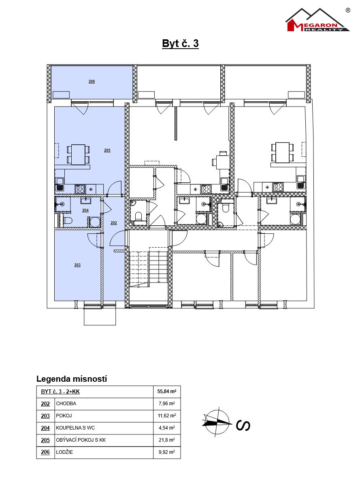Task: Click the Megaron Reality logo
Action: click(318, 20)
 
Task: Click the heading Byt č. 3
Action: click(180, 43)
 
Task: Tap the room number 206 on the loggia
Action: click(92, 81)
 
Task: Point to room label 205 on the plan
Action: click(107, 150)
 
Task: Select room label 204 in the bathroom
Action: click(85, 210)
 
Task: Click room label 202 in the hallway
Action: click(114, 223)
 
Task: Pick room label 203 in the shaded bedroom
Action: click(77, 265)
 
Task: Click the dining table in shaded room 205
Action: click(78, 154)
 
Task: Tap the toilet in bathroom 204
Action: click(68, 220)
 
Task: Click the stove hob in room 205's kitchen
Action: click(80, 189)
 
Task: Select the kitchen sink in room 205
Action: click(60, 184)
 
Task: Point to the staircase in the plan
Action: click(148, 269)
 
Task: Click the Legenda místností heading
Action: click(72, 379)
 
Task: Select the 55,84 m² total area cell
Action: click(167, 391)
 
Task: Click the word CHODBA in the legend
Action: click(66, 404)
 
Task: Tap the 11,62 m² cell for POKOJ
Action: click(167, 416)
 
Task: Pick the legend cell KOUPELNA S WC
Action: click(75, 428)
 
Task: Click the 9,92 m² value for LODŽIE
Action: click(167, 452)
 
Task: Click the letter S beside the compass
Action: click(243, 425)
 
